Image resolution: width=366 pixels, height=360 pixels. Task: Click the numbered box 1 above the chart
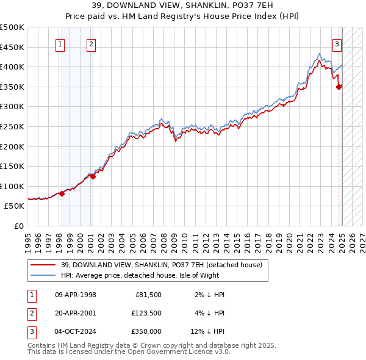[x=61, y=43]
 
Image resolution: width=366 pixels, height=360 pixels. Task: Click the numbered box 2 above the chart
[x=91, y=43]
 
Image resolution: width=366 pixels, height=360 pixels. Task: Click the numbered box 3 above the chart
[x=337, y=43]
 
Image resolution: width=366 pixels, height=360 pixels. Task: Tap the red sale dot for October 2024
[x=339, y=87]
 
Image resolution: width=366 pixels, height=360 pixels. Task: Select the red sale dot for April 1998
[x=62, y=193]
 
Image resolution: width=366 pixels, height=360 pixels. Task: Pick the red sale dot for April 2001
[x=93, y=176]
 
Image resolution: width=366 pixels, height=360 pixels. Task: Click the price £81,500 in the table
[x=146, y=295]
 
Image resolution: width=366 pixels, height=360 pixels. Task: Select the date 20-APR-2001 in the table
[x=76, y=313]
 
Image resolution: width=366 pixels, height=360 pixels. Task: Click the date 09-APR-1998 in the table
[x=76, y=295]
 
